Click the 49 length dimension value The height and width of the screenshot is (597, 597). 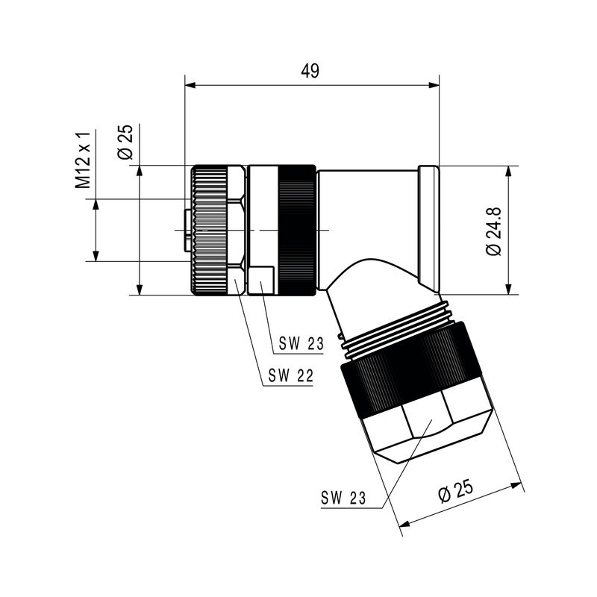(x=310, y=71)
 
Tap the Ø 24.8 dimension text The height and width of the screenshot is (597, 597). (x=493, y=231)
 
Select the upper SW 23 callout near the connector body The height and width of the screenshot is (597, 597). (x=302, y=344)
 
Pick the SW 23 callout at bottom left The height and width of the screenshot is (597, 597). (x=344, y=498)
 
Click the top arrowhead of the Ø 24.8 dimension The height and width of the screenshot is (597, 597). (x=509, y=171)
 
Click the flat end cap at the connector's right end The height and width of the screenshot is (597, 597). (x=430, y=230)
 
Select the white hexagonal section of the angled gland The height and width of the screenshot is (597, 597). (x=426, y=428)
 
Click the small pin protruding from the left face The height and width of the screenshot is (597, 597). (x=186, y=231)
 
